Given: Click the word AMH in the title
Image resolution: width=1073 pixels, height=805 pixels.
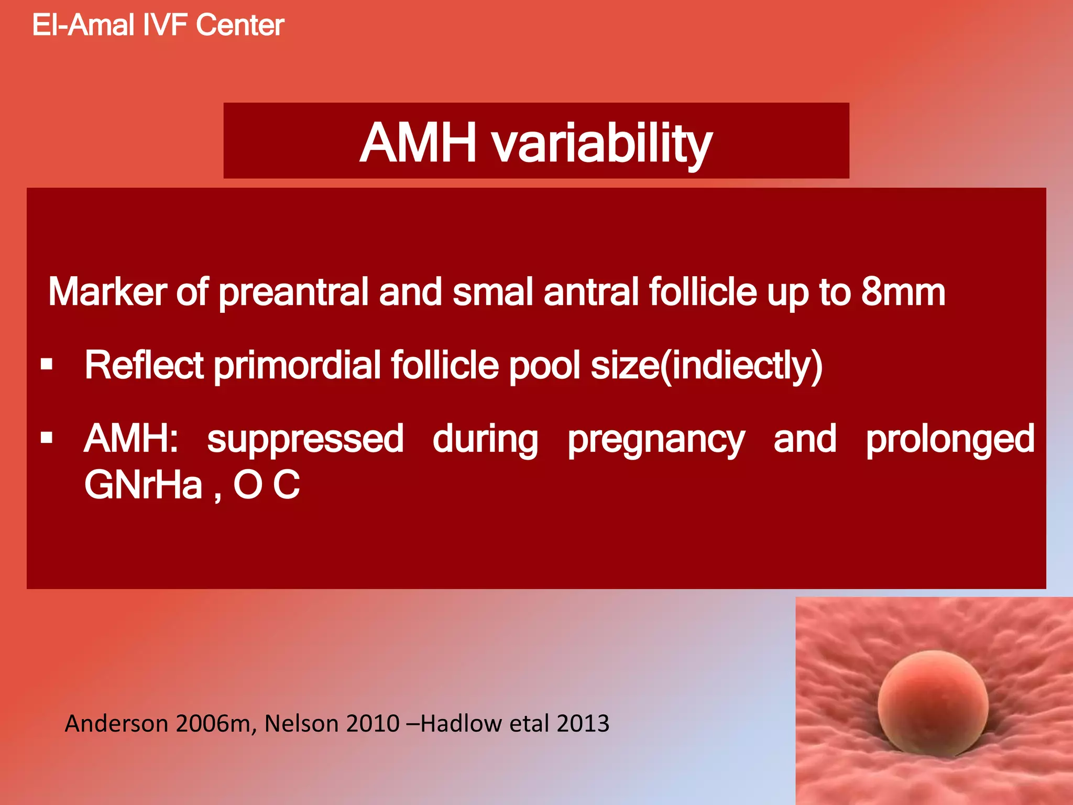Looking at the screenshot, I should pos(418,143).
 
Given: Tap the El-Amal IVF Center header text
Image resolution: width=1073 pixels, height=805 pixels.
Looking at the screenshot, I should pos(158,25).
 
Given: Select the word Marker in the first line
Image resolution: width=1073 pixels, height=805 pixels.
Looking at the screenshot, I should pos(107,292).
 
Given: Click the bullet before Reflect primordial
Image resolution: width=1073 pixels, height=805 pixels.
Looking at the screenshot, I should pos(47,364).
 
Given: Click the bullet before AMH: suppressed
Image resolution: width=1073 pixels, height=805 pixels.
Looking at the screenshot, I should pos(47,437).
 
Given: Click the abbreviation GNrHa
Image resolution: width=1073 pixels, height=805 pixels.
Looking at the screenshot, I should pos(143,485).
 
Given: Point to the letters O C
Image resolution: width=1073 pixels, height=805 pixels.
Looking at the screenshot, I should pos(266,485).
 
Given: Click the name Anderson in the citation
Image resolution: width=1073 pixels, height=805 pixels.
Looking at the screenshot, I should pos(116,724).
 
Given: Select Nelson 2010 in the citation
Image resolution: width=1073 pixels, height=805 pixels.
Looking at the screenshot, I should pos(332,724).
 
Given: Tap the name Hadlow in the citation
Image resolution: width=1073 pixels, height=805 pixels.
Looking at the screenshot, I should pos(461,724).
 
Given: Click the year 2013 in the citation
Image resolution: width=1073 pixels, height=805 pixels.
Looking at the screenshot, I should pos(583,724).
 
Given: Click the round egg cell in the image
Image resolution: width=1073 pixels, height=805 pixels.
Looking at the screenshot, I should pos(933,700).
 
